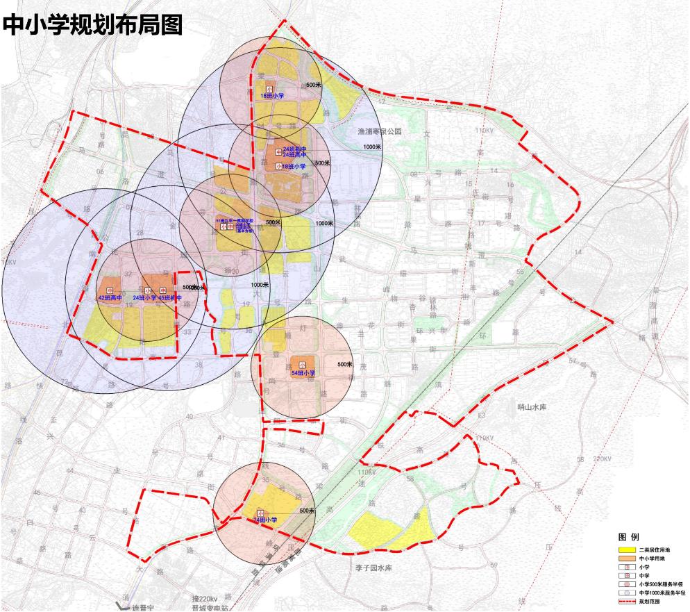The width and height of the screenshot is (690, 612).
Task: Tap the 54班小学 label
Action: pyautogui.click(x=303, y=373)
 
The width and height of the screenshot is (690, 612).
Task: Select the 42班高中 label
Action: pyautogui.click(x=109, y=298)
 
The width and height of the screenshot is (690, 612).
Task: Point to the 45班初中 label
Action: pyautogui.click(x=170, y=298)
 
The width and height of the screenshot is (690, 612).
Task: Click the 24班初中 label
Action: pyautogui.click(x=295, y=149)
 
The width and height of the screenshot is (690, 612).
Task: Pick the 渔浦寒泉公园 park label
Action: pyautogui.click(x=375, y=131)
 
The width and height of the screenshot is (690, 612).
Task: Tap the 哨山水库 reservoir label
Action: pyautogui.click(x=532, y=407)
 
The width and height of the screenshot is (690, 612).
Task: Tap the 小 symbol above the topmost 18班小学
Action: pyautogui.click(x=269, y=87)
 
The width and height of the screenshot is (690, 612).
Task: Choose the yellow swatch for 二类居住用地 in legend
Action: pyautogui.click(x=627, y=550)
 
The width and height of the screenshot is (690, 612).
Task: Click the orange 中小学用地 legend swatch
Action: pyautogui.click(x=627, y=559)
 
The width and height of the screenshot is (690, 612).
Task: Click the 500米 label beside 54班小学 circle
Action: pyautogui.click(x=345, y=365)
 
